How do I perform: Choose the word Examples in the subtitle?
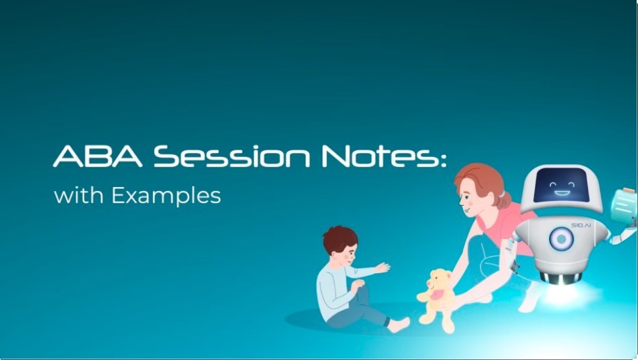coord(165,196)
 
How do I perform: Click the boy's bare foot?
coord(400,325)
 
